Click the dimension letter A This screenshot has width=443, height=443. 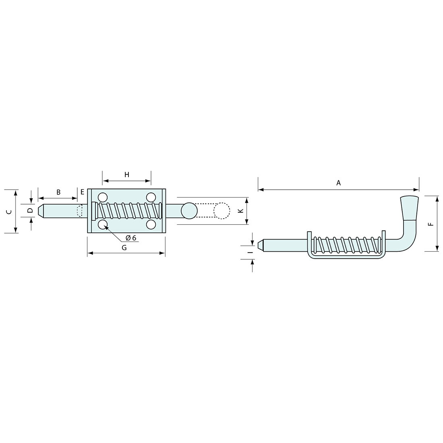coord(339,183)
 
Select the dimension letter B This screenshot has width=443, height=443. coord(58,192)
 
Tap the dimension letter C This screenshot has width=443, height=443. coord(10,211)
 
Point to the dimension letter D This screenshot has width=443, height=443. coord(30,210)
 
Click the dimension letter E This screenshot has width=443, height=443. coord(82,192)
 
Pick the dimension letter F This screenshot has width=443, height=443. coord(431,224)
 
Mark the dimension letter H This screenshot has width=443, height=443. coord(126,175)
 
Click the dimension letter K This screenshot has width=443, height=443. coord(241,211)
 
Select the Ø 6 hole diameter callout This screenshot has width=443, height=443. coord(130,238)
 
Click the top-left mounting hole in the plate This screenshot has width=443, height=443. coord(102,197)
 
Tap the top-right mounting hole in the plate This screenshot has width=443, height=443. coord(151,197)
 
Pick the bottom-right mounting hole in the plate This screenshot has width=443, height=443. coord(151,224)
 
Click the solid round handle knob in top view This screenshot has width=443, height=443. coord(189,211)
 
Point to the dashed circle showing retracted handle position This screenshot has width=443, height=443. coord(221,211)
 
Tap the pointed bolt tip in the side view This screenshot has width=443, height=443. coord(261,245)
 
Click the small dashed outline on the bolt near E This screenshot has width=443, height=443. coord(79,211)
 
